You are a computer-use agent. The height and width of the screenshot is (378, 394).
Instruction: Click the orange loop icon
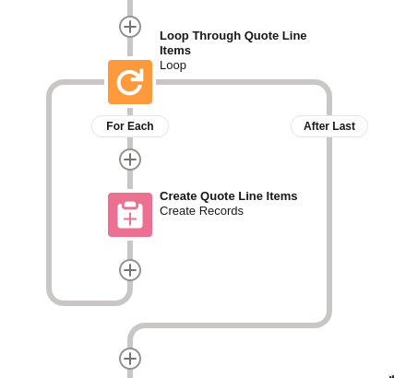click(x=130, y=82)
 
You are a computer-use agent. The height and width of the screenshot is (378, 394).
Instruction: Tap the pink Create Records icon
click(x=130, y=215)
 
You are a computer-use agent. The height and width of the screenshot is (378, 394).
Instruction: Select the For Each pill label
click(x=130, y=126)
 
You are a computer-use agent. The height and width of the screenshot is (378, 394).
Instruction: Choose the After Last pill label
click(x=329, y=126)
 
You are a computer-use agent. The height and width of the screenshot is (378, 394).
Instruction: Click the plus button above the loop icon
click(x=130, y=27)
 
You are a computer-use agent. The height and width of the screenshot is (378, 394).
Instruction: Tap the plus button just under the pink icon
click(x=130, y=270)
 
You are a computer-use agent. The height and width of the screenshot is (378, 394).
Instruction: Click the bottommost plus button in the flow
click(x=130, y=359)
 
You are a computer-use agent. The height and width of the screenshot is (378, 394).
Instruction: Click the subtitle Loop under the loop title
click(x=173, y=65)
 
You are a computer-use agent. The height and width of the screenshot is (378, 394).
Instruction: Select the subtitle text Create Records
click(x=201, y=211)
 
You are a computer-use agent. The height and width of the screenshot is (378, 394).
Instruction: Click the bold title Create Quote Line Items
click(x=228, y=195)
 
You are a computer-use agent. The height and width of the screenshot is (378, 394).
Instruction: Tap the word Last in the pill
click(x=343, y=126)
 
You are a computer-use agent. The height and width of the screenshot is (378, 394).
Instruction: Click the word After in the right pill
click(x=316, y=126)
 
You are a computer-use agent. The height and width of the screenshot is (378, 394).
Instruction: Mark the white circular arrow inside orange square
click(x=130, y=82)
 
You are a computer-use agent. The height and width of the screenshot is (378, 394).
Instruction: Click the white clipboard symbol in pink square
click(x=130, y=215)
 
